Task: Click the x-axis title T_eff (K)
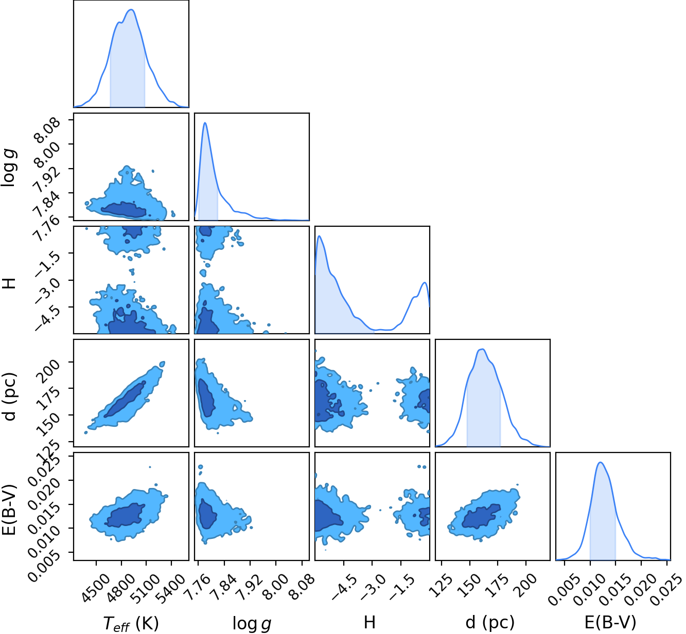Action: (x=131, y=623)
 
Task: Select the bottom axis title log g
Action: (x=252, y=623)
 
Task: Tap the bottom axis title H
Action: (x=370, y=622)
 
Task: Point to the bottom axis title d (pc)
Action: (x=490, y=623)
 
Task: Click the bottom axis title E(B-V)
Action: (x=610, y=623)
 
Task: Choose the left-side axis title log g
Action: (x=9, y=168)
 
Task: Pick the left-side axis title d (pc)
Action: (x=9, y=396)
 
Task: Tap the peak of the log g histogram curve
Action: (x=205, y=122)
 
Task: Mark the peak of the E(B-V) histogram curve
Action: (x=601, y=462)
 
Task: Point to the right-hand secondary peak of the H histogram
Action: (x=425, y=283)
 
